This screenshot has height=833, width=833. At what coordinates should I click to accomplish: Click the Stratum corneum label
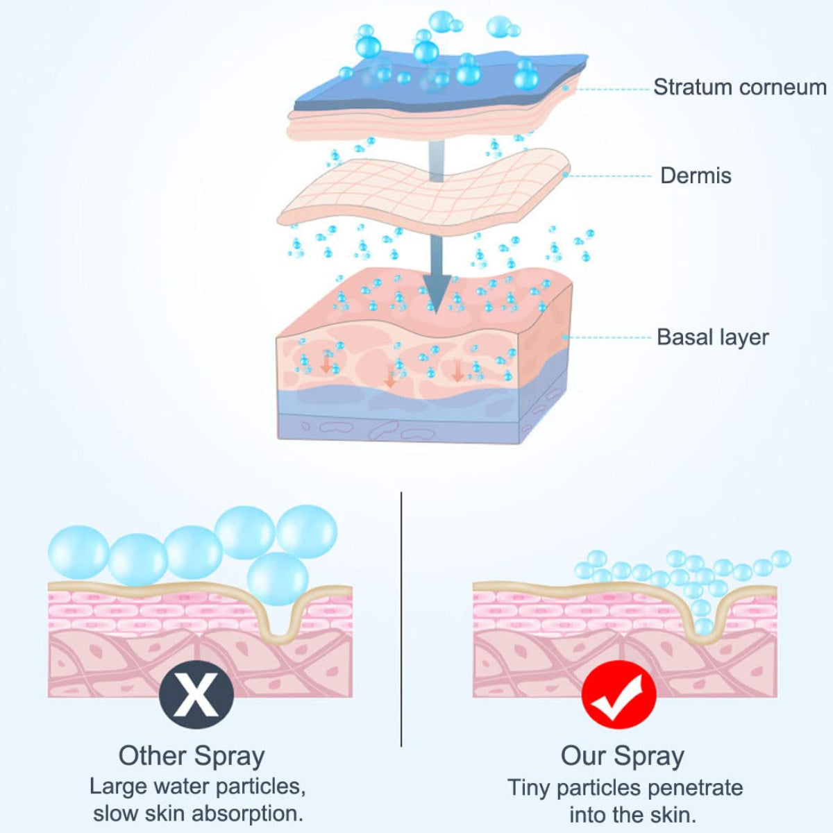coord(739,87)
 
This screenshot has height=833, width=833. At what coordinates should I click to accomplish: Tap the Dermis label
coord(696,176)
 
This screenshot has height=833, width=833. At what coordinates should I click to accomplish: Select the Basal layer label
coord(712,337)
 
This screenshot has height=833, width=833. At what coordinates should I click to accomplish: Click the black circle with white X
coord(196,694)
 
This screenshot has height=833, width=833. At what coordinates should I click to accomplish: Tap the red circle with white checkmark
coord(619,694)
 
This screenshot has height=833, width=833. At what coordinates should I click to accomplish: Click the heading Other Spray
coord(192,756)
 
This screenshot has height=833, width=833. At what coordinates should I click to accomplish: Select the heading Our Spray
coord(622,756)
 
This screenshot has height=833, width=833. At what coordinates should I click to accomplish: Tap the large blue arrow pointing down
coord(436,278)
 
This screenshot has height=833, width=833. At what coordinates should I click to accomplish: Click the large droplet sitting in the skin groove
coord(278,580)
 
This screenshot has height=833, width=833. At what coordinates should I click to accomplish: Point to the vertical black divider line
coord(401,618)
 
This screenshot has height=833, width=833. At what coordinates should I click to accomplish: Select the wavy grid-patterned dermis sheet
coord(423,191)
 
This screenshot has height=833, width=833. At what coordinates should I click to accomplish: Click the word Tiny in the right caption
coord(529,788)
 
